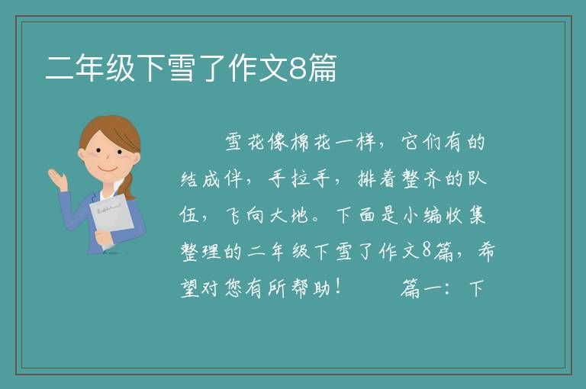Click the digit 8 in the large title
coord(298,69)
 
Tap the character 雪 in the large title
coord(182,68)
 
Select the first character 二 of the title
coord(60,68)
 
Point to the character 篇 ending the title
coord(323,68)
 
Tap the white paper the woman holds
coord(111,219)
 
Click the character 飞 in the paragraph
coord(234,215)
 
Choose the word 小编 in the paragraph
coord(423,215)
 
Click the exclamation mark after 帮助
coord(338,287)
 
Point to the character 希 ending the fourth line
coord(486,251)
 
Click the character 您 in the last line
coord(234,288)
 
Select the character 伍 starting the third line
coord(188,215)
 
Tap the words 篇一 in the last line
coord(420,288)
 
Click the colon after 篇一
coord(447,288)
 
